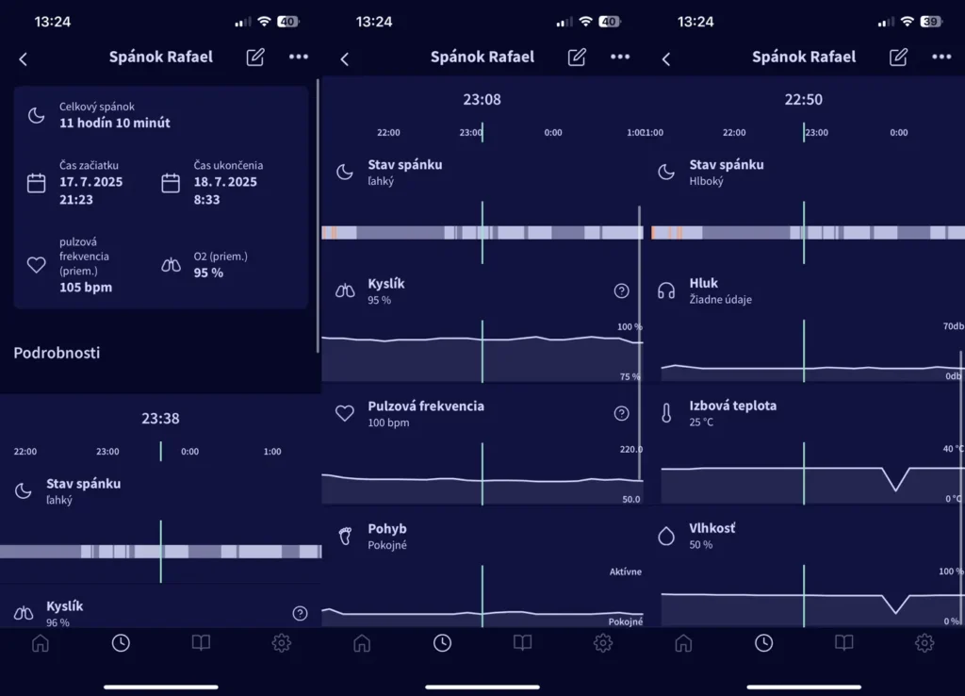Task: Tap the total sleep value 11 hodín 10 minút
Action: (x=114, y=123)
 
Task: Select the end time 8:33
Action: (x=207, y=200)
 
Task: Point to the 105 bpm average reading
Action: (x=85, y=288)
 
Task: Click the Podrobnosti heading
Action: (x=57, y=353)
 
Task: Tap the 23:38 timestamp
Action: (x=160, y=418)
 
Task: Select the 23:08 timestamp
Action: (x=482, y=99)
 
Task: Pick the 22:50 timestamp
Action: (x=803, y=99)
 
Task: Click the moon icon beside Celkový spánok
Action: (x=36, y=115)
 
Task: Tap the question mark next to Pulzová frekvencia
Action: (x=621, y=413)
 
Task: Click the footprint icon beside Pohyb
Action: (x=345, y=536)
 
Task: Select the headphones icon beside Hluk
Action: (x=666, y=290)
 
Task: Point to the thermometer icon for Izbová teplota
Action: (x=666, y=413)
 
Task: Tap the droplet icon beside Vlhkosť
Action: (x=666, y=536)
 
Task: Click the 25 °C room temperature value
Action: (x=702, y=423)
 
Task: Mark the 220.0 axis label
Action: (x=630, y=450)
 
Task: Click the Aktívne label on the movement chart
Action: (x=626, y=572)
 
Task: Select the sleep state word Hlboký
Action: (x=706, y=181)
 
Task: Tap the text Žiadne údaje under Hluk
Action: (x=720, y=300)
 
